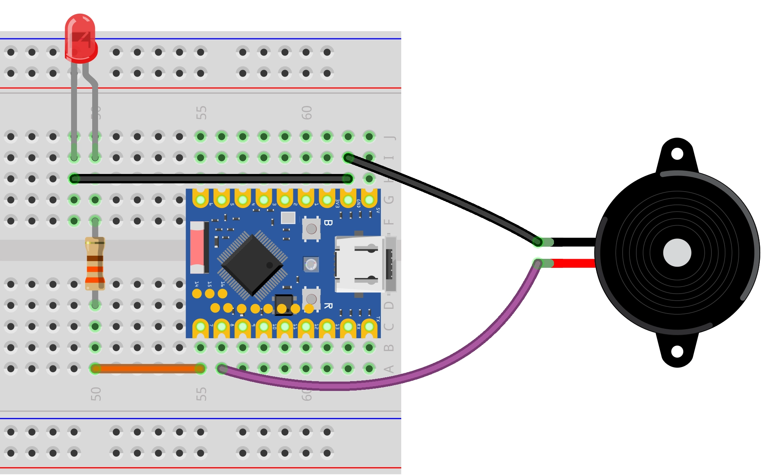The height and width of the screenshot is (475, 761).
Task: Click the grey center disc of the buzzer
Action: [x=677, y=253]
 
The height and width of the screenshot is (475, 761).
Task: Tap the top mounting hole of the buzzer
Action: [x=677, y=154]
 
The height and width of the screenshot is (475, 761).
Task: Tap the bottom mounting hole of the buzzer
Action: [x=677, y=351]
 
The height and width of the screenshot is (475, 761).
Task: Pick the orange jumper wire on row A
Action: [x=148, y=368]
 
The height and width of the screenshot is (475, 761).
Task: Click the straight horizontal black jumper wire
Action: [x=211, y=179]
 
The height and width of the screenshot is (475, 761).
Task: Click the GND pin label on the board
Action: [x=358, y=203]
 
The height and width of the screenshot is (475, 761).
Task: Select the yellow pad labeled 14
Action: [x=197, y=293]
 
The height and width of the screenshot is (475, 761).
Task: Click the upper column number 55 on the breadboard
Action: [x=201, y=113]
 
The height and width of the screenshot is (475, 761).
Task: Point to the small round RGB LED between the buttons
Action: [x=311, y=265]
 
